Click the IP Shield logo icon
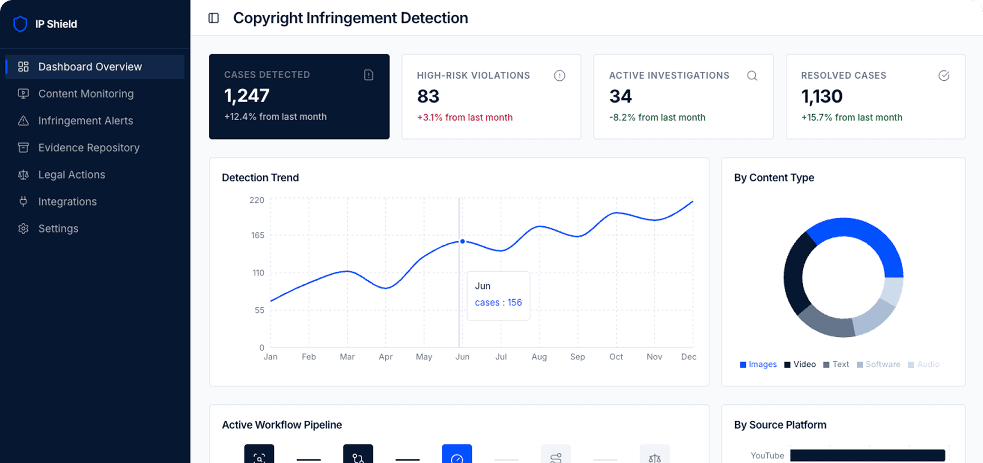pyautogui.click(x=20, y=24)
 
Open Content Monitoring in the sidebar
pyautogui.click(x=86, y=94)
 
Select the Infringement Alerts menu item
pyautogui.click(x=85, y=121)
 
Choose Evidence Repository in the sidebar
pyautogui.click(x=88, y=147)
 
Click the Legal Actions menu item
pyautogui.click(x=71, y=174)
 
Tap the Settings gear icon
pyautogui.click(x=23, y=228)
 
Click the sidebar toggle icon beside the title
pyautogui.click(x=214, y=18)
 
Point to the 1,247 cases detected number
pyautogui.click(x=247, y=96)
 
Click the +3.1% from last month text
pyautogui.click(x=465, y=117)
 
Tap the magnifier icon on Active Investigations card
pyautogui.click(x=752, y=76)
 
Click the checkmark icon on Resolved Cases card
pyautogui.click(x=943, y=76)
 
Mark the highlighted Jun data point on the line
pyautogui.click(x=462, y=241)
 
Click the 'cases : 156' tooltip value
pyautogui.click(x=498, y=302)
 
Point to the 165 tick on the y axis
pyautogui.click(x=257, y=235)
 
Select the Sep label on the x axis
pyautogui.click(x=577, y=357)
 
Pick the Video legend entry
pyautogui.click(x=800, y=364)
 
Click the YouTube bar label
pyautogui.click(x=767, y=456)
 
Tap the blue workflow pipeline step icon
pyautogui.click(x=457, y=455)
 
